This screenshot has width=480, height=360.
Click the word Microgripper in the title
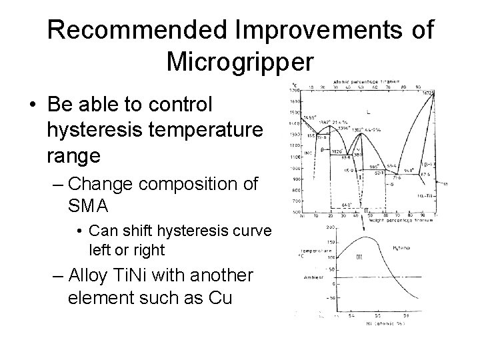point(239,62)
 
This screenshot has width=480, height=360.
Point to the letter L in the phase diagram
point(369,112)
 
